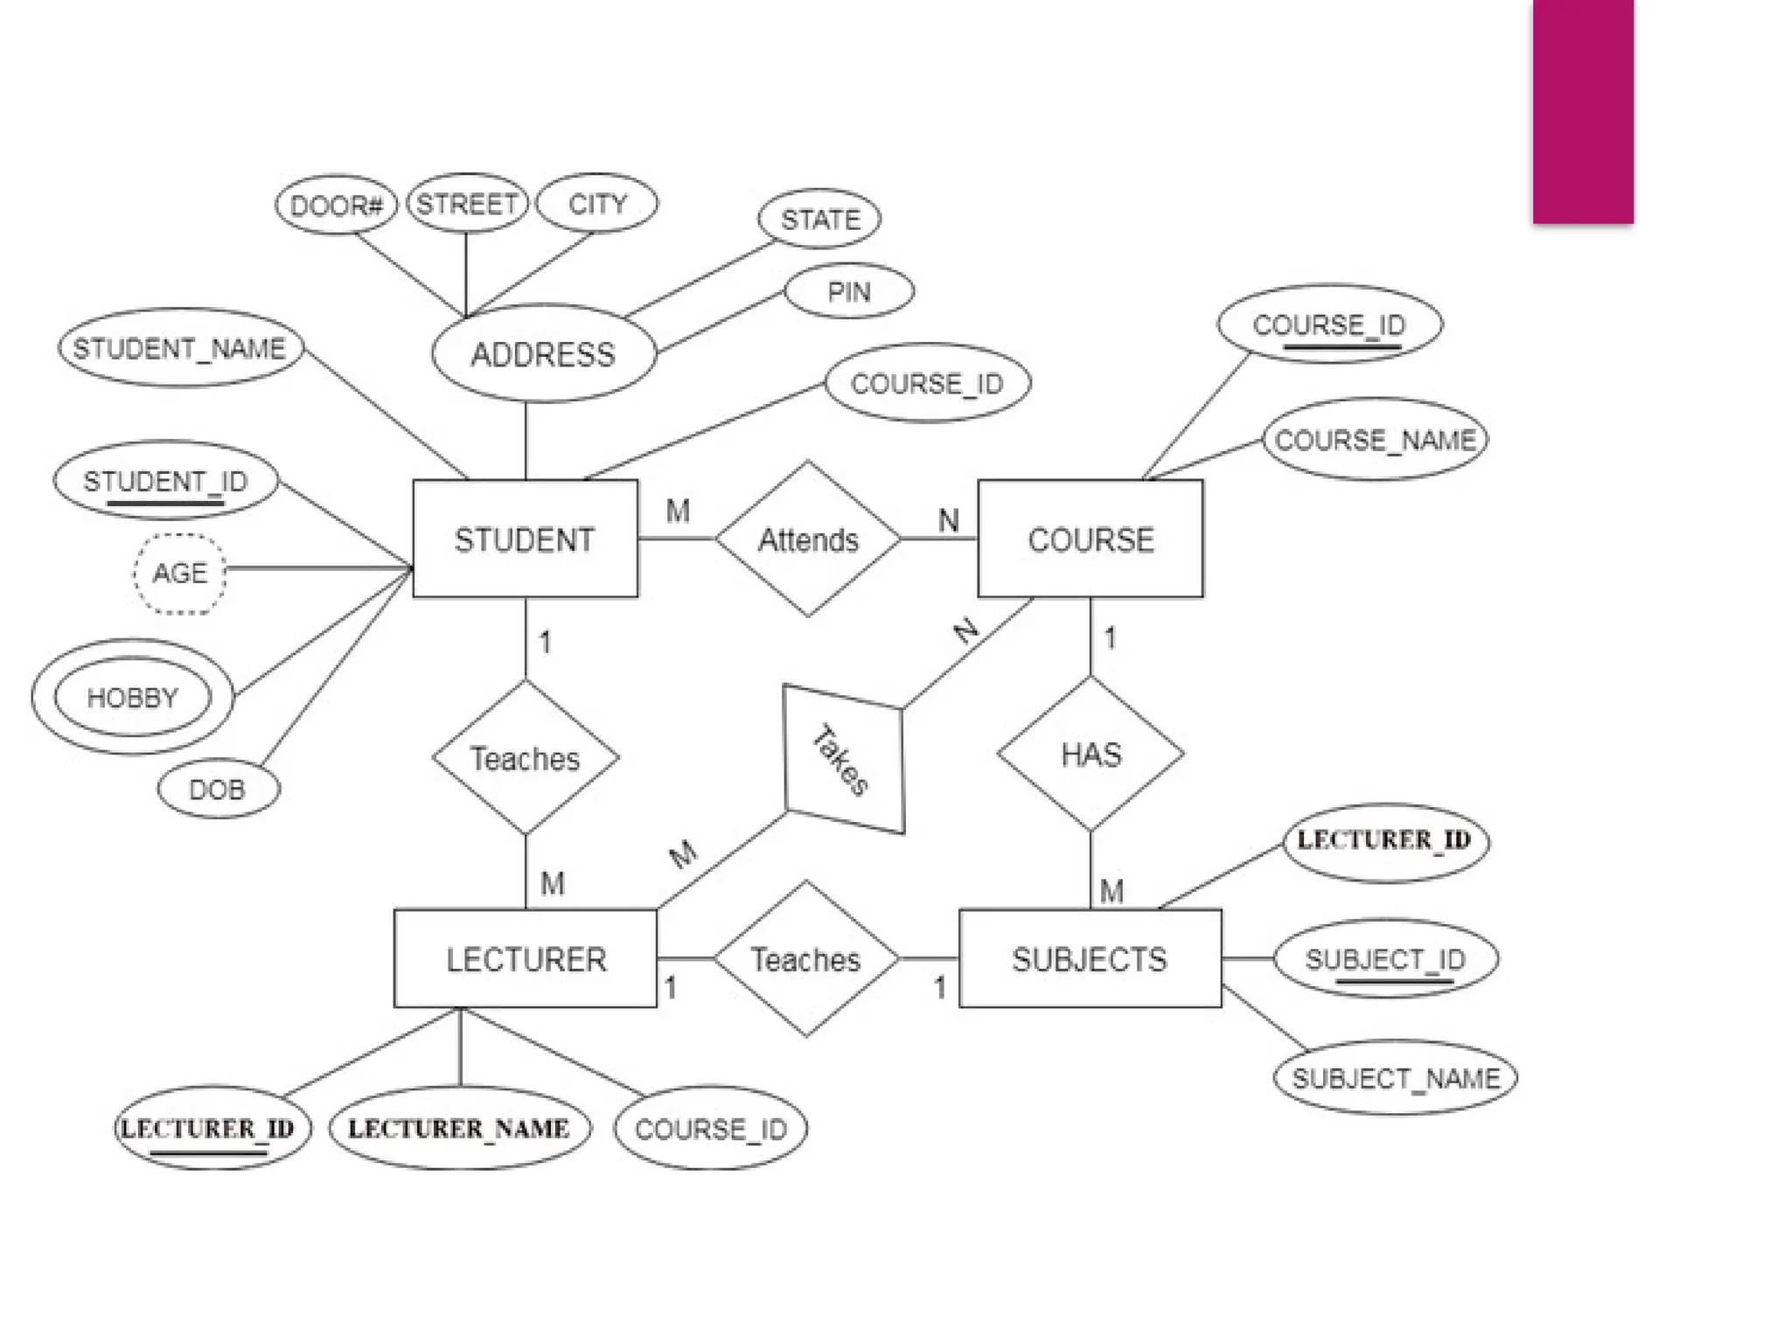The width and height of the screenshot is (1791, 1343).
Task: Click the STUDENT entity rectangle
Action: pos(525,539)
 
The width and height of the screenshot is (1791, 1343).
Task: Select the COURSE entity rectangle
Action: pos(1090,539)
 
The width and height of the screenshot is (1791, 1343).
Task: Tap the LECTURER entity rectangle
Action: pos(525,959)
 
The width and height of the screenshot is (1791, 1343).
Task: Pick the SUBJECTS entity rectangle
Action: pos(1090,959)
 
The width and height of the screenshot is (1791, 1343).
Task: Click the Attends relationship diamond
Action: pos(807,539)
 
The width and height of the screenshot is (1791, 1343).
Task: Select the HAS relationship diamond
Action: pos(1091,754)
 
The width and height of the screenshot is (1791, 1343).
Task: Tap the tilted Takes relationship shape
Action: pos(843,759)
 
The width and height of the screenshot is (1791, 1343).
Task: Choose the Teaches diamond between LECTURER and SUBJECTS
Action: pos(805,959)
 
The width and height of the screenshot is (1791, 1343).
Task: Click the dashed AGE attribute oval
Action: pos(179,574)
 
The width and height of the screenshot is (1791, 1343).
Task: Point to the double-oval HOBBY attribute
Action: pos(132,697)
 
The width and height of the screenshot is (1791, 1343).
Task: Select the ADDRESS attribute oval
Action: pos(543,354)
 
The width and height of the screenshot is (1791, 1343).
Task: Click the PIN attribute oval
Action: pos(849,291)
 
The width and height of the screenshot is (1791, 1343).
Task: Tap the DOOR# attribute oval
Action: pos(336,205)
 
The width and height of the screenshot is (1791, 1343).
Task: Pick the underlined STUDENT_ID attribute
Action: pos(165,481)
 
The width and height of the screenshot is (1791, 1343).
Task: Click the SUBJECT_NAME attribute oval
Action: pos(1395,1078)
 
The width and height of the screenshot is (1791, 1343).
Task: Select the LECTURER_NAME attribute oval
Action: pos(459,1128)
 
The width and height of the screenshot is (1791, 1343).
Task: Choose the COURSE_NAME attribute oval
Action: pos(1375,439)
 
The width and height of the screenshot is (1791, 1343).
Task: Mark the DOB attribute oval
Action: pos(218,789)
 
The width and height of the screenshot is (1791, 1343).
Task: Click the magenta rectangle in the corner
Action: pos(1583,112)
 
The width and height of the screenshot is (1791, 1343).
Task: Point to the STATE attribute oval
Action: pos(819,219)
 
